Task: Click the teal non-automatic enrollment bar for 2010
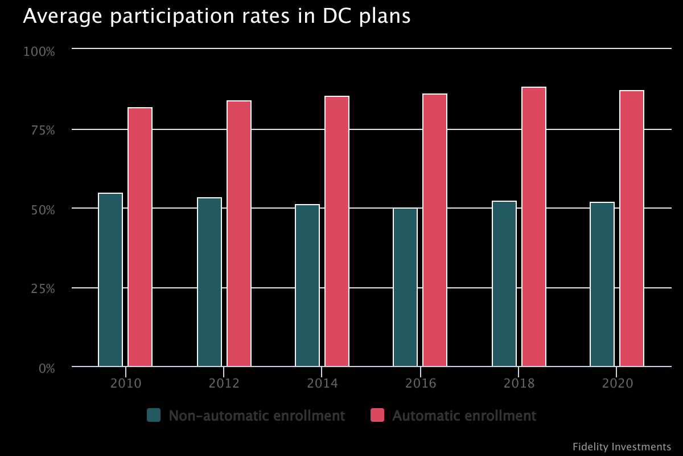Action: [x=110, y=280]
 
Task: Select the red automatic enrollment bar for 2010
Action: [x=140, y=237]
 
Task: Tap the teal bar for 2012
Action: [x=209, y=282]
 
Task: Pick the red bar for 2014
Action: [x=337, y=231]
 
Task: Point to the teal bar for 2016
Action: [x=405, y=287]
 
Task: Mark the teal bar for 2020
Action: [x=602, y=284]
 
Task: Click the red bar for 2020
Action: [x=632, y=229]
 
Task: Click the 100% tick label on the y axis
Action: [x=39, y=52]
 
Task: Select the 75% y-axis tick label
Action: [x=42, y=131]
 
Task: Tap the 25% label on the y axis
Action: [x=42, y=289]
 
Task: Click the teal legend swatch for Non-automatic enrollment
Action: [x=154, y=416]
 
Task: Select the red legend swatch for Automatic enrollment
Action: [x=377, y=416]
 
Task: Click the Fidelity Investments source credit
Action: [x=622, y=446]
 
